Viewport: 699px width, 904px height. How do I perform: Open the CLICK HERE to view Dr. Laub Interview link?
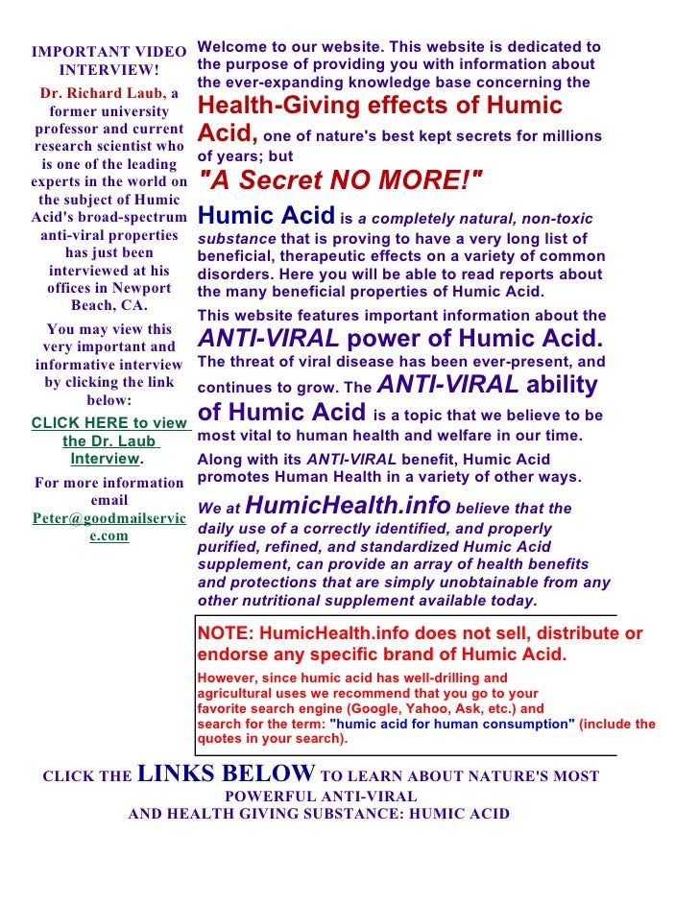pyautogui.click(x=108, y=440)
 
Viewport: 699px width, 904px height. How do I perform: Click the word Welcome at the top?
pyautogui.click(x=230, y=46)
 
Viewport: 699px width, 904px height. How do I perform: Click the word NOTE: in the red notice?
pyautogui.click(x=225, y=633)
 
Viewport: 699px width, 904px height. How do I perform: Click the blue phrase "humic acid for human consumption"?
pyautogui.click(x=452, y=725)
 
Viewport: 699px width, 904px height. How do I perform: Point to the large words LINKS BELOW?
pyautogui.click(x=227, y=773)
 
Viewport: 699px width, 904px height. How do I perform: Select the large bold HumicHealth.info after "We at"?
pyautogui.click(x=349, y=505)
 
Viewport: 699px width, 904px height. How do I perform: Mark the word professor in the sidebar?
pyautogui.click(x=70, y=129)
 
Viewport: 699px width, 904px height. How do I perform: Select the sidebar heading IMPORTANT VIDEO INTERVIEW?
pyautogui.click(x=108, y=59)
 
